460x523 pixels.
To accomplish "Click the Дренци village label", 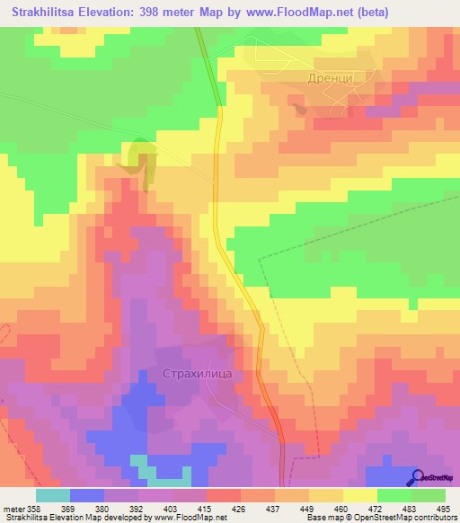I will [330, 79].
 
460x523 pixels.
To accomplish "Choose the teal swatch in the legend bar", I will [52, 495].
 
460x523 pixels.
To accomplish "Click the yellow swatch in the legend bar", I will [359, 495].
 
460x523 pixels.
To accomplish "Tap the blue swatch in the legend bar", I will [86, 495].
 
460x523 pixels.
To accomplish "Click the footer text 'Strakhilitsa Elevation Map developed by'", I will [63, 518].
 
